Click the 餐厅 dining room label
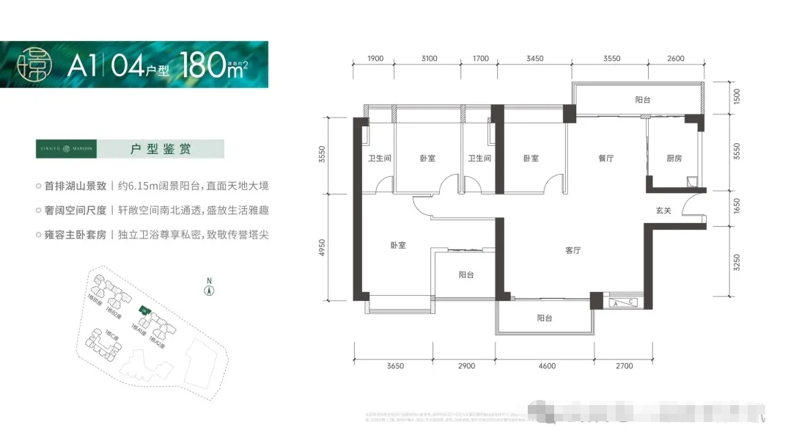click(605, 158)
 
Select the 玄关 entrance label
click(663, 211)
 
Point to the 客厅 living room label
click(573, 250)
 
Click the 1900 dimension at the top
click(375, 58)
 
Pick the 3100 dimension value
click(430, 58)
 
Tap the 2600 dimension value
click(676, 58)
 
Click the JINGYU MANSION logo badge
click(65, 149)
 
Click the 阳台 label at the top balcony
click(642, 99)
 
